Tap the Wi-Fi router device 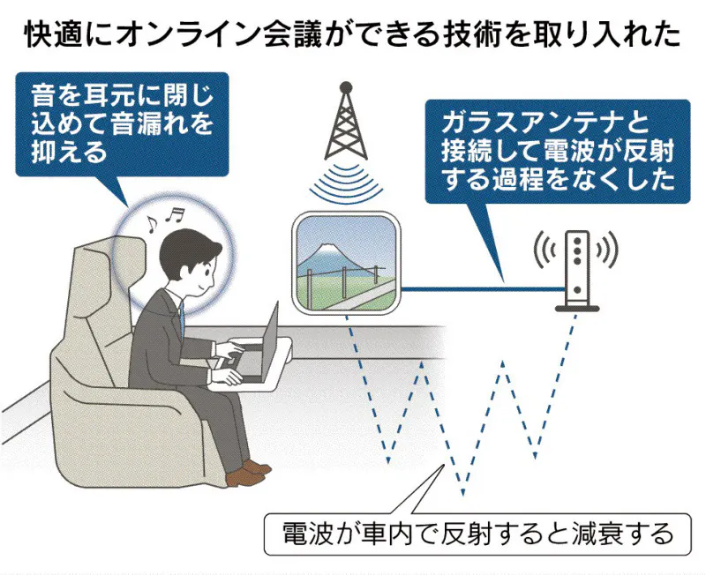pos(577,271)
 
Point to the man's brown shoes pos(247,474)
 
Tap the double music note pos(175,215)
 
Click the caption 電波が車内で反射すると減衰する pos(477,534)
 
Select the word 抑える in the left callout pos(69,152)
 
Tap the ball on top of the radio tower pos(346,86)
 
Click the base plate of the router pos(577,309)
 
